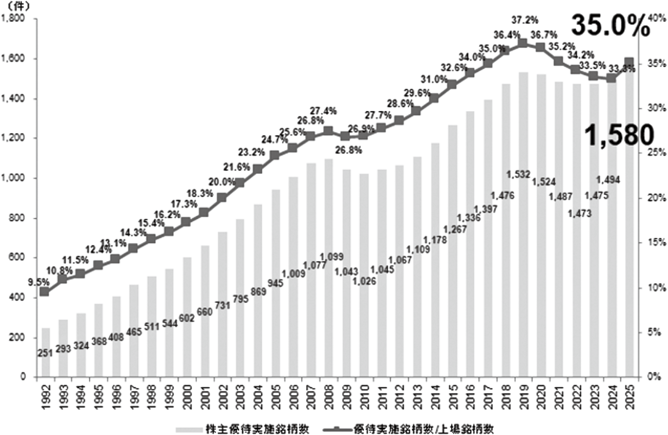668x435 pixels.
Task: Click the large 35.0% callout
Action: click(610, 29)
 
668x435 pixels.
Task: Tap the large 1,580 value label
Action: click(619, 135)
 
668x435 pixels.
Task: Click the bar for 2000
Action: click(187, 317)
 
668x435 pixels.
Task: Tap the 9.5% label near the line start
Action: click(39, 283)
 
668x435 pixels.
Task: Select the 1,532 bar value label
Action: click(518, 175)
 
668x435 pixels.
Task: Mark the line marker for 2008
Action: click(328, 131)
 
